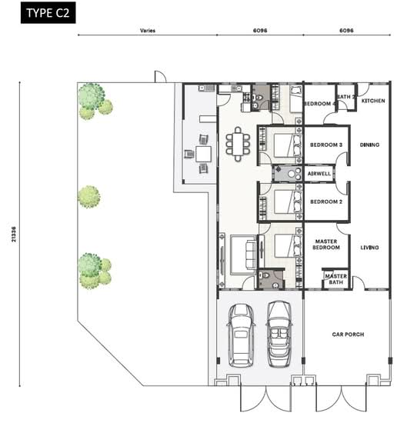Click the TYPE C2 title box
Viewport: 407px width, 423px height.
48,12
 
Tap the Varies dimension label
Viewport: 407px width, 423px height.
148,31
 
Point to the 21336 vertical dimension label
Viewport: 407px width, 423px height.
14,234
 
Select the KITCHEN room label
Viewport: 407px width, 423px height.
373,101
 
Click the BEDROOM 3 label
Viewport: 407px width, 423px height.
326,145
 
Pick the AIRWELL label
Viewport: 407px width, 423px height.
319,174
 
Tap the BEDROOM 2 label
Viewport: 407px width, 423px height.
326,202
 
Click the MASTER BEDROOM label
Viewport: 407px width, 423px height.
326,244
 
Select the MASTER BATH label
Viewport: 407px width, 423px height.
336,279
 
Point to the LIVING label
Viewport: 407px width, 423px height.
369,248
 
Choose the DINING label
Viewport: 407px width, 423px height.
369,145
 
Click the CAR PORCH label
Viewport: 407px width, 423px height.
349,335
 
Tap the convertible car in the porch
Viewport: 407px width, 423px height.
279,334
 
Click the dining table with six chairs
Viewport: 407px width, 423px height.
238,144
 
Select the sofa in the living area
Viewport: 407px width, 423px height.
251,255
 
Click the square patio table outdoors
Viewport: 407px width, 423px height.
203,154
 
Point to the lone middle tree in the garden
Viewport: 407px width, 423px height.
88,197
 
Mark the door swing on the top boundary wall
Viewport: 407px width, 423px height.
160,77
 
